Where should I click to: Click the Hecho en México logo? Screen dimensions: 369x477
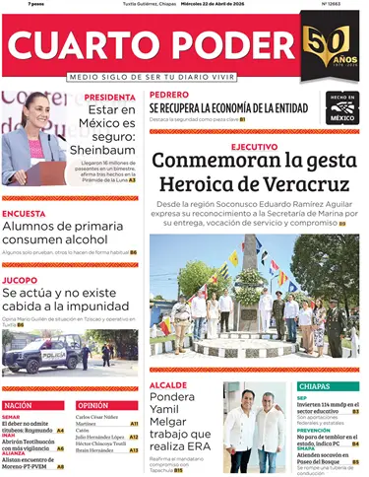342,107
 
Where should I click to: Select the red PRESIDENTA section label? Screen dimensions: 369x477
109,98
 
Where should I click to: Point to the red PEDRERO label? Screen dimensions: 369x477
168,96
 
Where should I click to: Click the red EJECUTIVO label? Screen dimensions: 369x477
253,146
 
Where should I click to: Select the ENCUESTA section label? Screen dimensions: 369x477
24,213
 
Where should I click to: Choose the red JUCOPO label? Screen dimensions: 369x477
21,280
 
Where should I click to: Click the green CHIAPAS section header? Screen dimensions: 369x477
315,386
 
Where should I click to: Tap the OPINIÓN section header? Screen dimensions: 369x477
92,405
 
